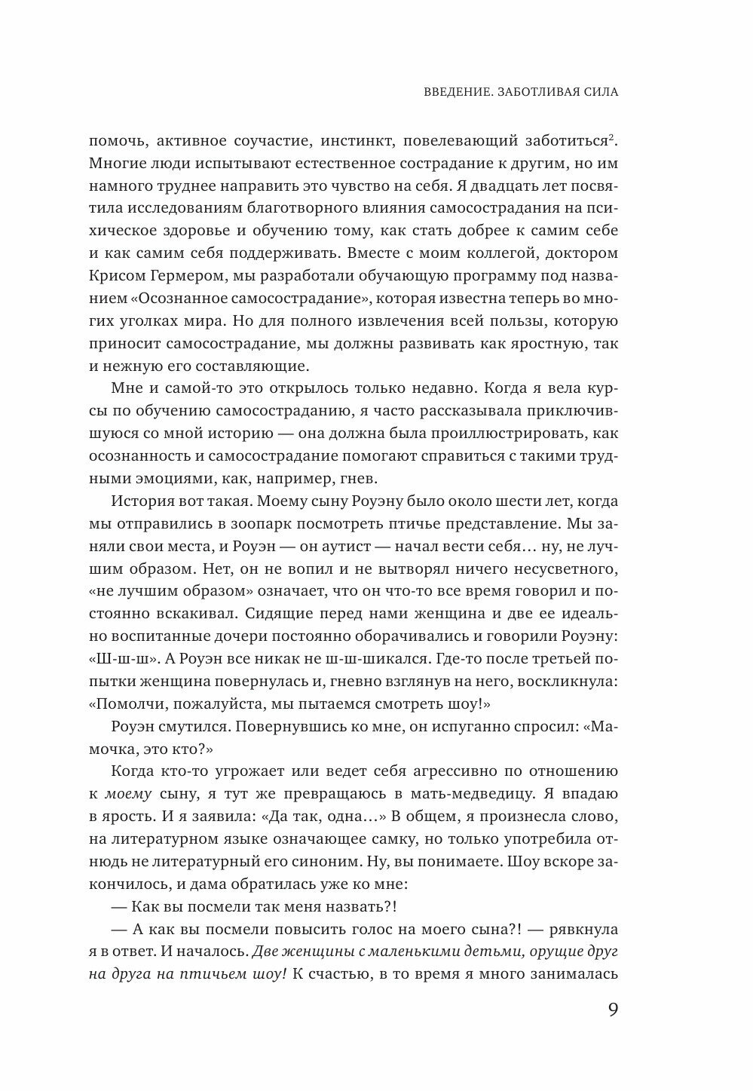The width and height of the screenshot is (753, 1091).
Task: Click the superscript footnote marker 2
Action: [x=616, y=136]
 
